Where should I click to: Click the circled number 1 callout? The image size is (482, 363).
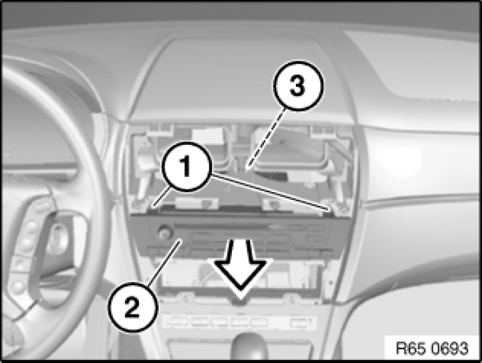pyautogui.click(x=186, y=167)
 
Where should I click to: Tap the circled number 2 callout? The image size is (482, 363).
pyautogui.click(x=133, y=308)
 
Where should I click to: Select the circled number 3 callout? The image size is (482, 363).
pyautogui.click(x=297, y=85)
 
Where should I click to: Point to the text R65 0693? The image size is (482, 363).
pyautogui.click(x=431, y=349)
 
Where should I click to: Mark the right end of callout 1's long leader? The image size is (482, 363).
pyautogui.click(x=329, y=209)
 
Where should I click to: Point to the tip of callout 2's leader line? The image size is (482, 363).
pyautogui.click(x=181, y=241)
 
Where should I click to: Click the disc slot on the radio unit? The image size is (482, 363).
pyautogui.click(x=221, y=227)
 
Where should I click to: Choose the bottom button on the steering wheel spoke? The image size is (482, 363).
pyautogui.click(x=18, y=287)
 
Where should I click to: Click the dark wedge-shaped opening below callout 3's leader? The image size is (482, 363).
pyautogui.click(x=270, y=176)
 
